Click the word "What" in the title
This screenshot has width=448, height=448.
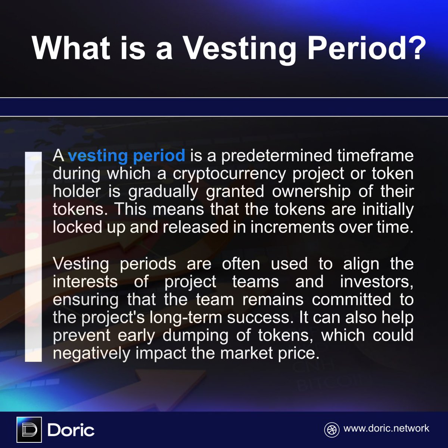pos(71,48)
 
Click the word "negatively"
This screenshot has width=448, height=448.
pos(91,353)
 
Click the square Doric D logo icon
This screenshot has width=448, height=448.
pos(29,430)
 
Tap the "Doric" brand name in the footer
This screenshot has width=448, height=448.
pos(71,430)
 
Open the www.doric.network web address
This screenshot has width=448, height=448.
pos(386,428)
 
